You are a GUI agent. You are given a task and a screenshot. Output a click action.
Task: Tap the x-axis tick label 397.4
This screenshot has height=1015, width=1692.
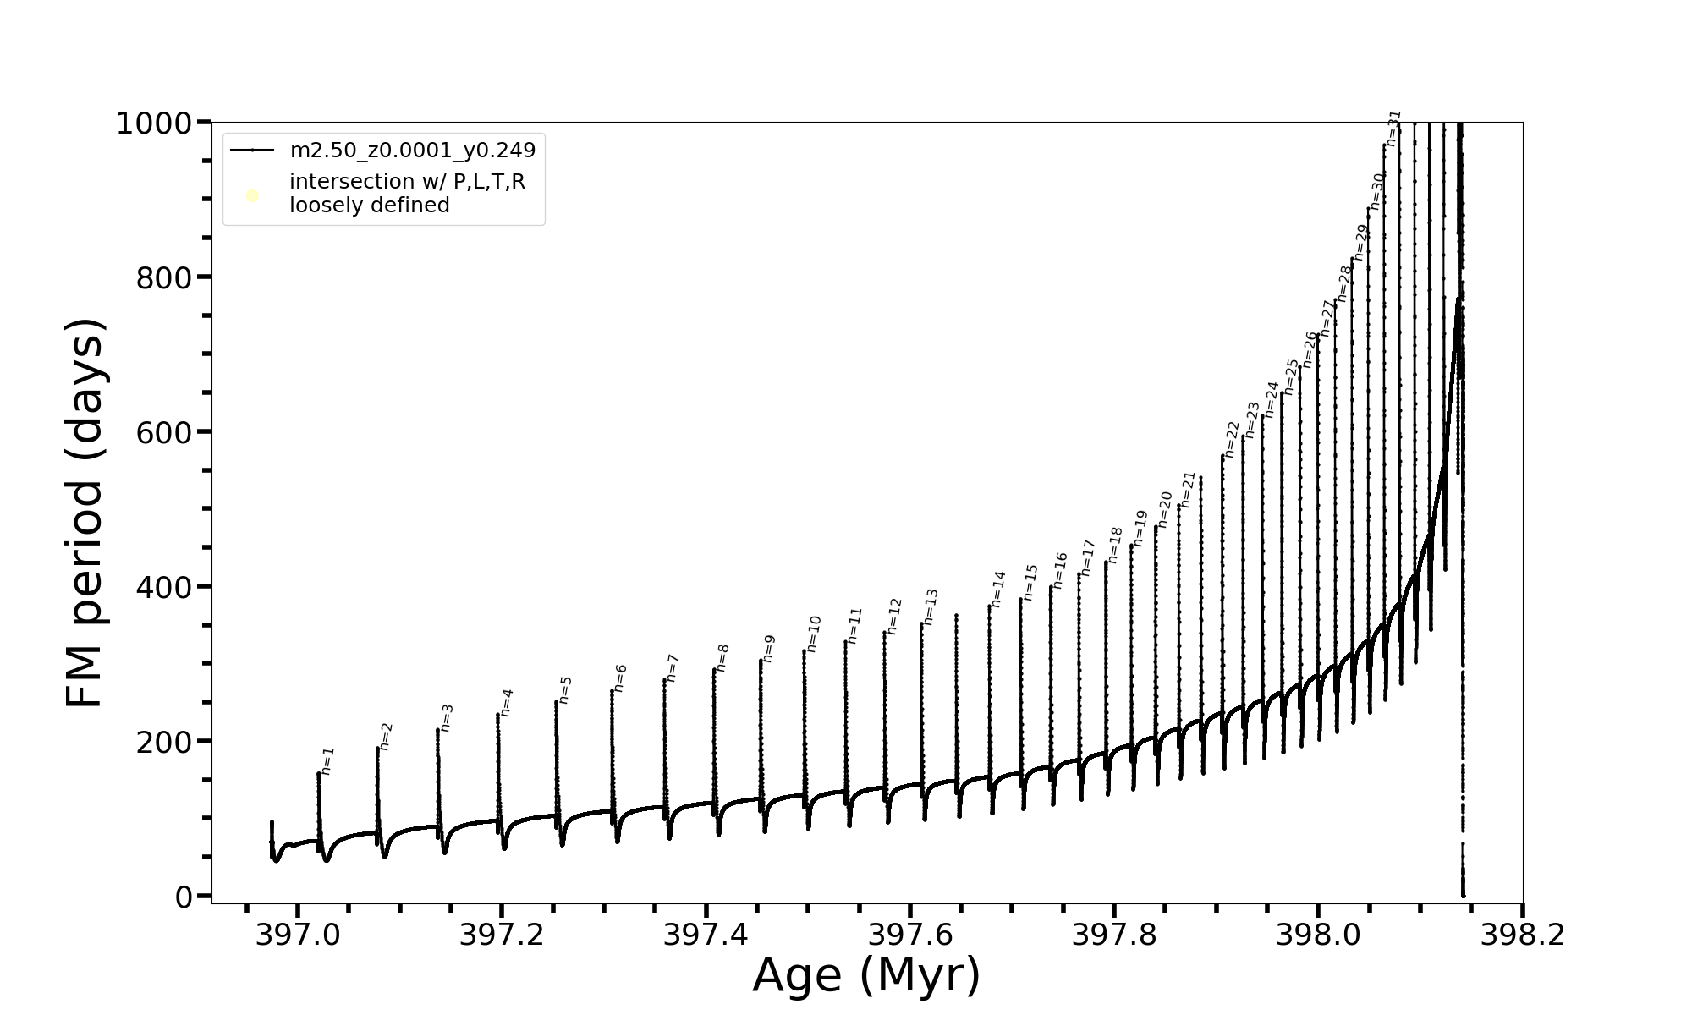coord(706,935)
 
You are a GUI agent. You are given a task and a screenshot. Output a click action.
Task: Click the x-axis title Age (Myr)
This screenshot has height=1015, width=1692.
coord(866,975)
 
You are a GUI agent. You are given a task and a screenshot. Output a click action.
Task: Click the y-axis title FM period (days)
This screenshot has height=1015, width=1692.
coord(85,513)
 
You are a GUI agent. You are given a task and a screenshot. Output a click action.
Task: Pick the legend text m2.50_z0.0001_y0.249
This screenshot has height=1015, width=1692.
coord(413,151)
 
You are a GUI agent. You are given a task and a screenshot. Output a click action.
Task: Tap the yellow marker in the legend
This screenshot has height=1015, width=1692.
coord(252,196)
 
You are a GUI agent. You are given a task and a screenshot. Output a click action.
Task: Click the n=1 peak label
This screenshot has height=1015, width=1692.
coord(328,760)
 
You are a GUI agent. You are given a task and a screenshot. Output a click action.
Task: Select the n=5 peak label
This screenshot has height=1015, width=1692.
coord(565,689)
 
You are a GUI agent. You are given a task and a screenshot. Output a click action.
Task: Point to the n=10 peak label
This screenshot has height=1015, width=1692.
coord(813,634)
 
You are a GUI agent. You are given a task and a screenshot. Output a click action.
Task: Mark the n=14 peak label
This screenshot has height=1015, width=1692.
coord(998,589)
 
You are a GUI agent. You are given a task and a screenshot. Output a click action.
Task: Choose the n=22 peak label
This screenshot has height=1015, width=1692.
coord(1232,439)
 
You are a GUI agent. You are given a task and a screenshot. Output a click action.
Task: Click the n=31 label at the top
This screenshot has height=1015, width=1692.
coord(1394,128)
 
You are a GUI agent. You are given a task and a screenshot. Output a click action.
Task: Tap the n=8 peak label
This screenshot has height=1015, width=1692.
coord(722,657)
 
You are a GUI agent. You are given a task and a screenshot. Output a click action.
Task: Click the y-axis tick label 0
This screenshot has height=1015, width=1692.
coord(184,897)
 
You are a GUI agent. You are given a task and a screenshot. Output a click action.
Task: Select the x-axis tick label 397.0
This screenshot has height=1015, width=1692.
coord(297,935)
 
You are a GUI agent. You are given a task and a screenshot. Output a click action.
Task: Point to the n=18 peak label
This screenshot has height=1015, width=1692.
coord(1115,545)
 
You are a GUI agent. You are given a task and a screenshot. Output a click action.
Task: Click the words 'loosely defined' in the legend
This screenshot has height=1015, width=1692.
coord(369,206)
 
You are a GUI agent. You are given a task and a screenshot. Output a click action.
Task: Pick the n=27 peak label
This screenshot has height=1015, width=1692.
coord(1327,317)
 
